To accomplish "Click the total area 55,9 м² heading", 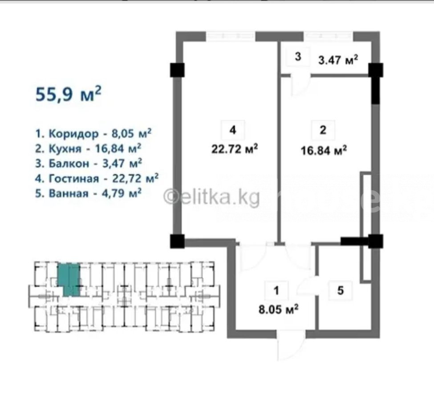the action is (x=69, y=94).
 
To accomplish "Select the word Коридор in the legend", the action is (x=73, y=134).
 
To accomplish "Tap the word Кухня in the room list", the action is (x=65, y=149).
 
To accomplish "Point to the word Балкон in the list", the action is (x=69, y=164).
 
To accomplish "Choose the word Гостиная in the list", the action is (x=74, y=179).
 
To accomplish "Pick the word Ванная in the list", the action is (x=69, y=193).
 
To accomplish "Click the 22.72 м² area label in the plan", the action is (x=235, y=149).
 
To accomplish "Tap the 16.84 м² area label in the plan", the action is (x=324, y=151).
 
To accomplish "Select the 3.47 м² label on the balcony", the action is (x=338, y=60).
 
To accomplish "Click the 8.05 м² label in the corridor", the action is (x=279, y=309).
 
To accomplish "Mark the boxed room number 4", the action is (x=233, y=130).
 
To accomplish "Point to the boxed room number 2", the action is (x=323, y=130).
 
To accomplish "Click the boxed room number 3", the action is (x=298, y=56).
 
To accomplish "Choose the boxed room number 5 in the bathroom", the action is (x=341, y=291).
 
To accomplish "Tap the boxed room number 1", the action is (x=276, y=291).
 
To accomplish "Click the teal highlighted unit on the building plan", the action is (x=69, y=280).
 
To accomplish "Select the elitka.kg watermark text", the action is (x=212, y=197).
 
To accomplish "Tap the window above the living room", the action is (x=230, y=36).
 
